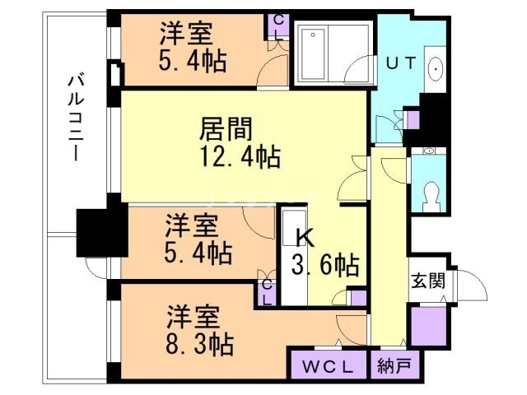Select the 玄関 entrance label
[428, 280]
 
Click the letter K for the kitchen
[305, 239]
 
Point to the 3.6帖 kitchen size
[326, 265]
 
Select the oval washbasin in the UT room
[435, 69]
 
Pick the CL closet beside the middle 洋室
[267, 292]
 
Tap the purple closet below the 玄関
[429, 324]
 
